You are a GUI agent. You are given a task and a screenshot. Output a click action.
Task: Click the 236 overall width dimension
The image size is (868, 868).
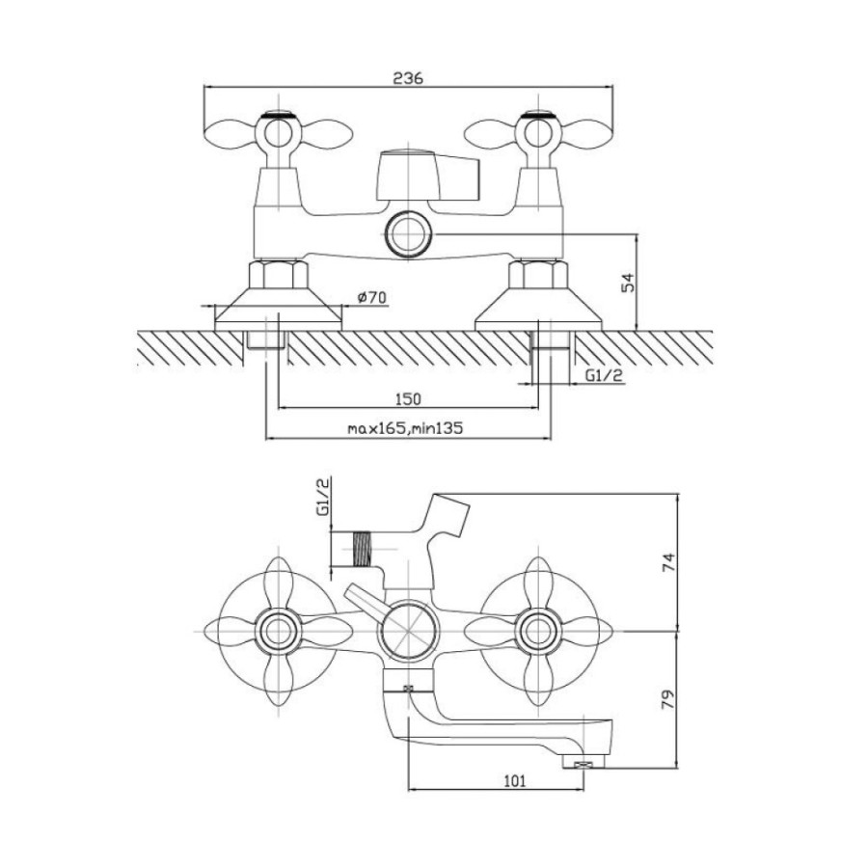(x=408, y=79)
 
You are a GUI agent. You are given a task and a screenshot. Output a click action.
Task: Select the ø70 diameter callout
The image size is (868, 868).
(x=371, y=297)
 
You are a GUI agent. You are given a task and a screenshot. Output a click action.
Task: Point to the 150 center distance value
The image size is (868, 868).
(x=408, y=398)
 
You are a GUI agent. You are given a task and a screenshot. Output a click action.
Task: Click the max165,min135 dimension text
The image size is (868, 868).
(x=405, y=428)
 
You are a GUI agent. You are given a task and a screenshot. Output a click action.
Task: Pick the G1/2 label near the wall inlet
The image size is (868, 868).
(x=605, y=375)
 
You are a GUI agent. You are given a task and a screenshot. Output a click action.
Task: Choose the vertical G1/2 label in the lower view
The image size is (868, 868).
(x=323, y=498)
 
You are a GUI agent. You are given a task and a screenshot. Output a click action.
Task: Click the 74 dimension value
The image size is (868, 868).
(x=669, y=563)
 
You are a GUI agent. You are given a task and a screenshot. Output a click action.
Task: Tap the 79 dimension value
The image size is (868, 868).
(x=669, y=700)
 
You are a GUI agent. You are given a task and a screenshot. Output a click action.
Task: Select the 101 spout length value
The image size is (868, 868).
(x=515, y=781)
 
